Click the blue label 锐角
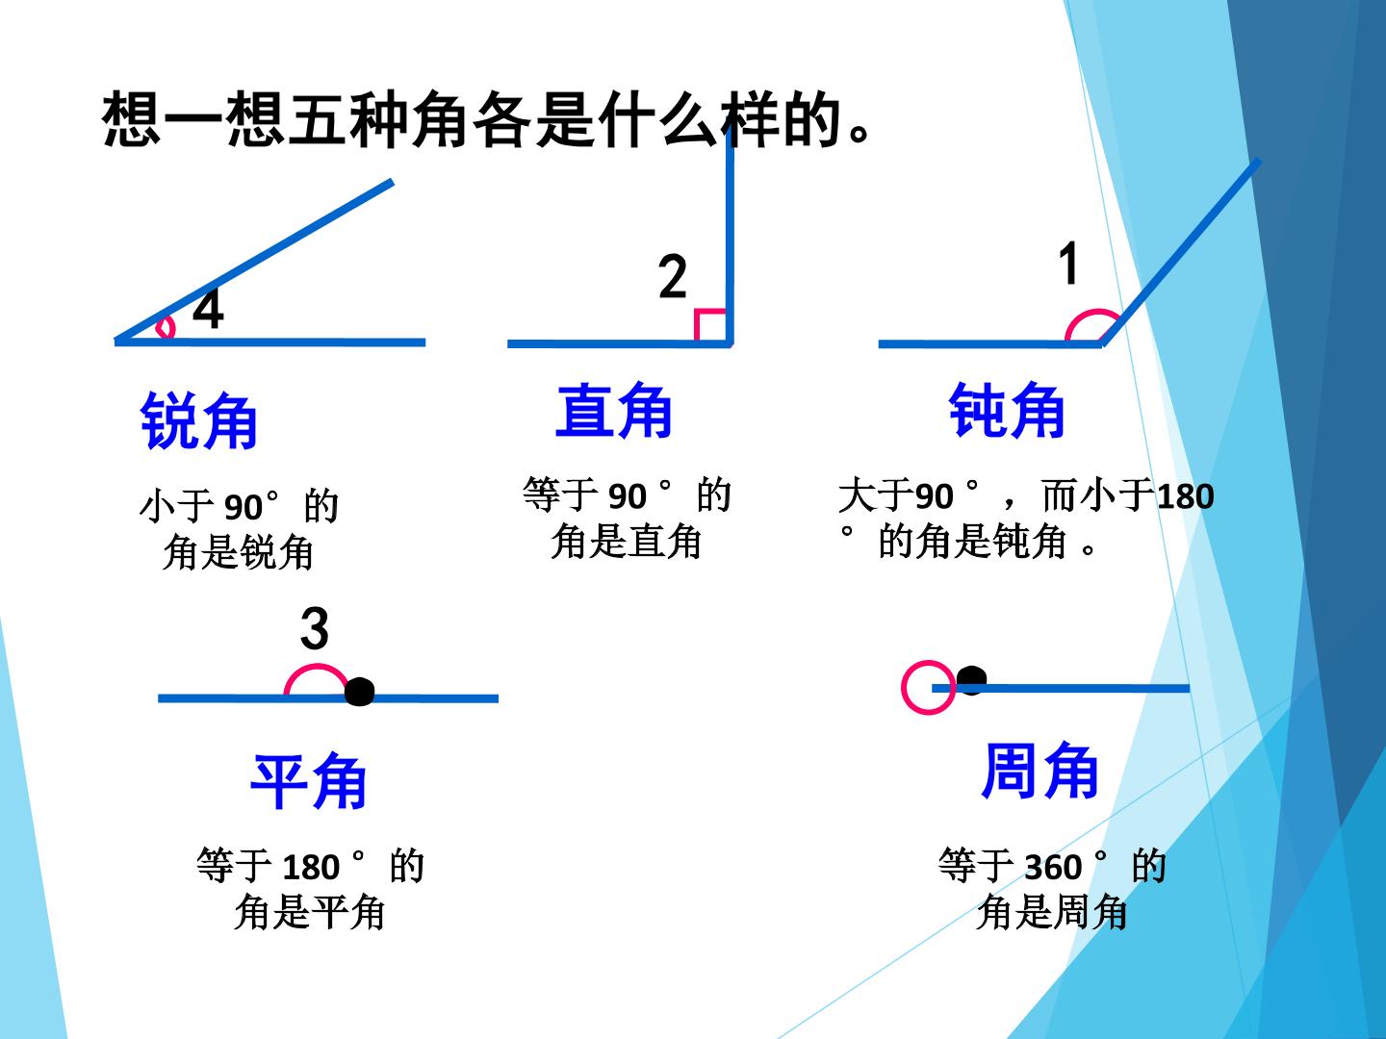[199, 420]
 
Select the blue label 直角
[614, 410]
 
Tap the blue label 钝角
[1007, 410]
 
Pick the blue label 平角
[309, 781]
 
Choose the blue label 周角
[1039, 771]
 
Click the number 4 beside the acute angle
[208, 309]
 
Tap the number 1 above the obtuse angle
[1068, 263]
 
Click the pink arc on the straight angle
[316, 666]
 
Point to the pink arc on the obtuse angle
[1097, 312]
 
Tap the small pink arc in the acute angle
[170, 327]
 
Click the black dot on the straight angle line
[359, 692]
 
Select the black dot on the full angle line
[971, 680]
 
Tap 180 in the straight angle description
[311, 868]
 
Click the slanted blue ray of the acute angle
[254, 261]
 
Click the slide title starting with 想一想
[487, 119]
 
